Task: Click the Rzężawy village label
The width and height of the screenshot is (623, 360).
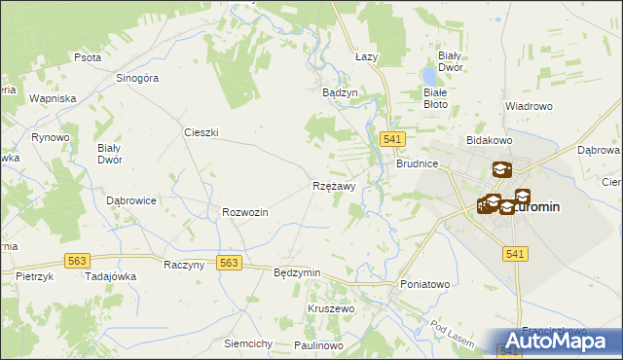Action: [334, 185]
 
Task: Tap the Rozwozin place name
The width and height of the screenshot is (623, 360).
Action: [244, 211]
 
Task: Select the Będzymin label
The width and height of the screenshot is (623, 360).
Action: [297, 273]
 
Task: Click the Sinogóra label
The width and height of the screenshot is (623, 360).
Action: [136, 79]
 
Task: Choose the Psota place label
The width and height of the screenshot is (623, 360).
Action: [88, 57]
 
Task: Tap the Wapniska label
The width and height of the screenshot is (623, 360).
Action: [53, 99]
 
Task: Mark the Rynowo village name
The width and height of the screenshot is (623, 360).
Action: [50, 138]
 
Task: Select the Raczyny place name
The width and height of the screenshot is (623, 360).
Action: [183, 265]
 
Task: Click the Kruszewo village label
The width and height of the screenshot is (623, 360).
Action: [331, 307]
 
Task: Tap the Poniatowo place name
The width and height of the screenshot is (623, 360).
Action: [425, 284]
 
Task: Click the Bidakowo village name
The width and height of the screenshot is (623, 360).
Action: [490, 141]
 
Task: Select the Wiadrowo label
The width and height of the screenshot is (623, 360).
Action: [529, 105]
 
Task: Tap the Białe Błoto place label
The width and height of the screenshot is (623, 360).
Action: [435, 96]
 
